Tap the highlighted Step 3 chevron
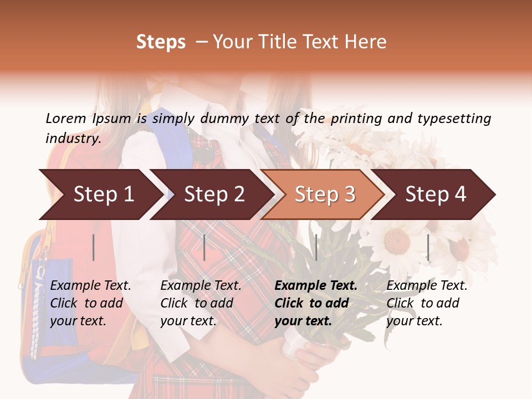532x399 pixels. tap(324, 194)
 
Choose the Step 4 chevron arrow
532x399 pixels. tap(435, 194)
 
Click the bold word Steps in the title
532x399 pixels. tap(161, 42)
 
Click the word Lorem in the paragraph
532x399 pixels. tap(66, 118)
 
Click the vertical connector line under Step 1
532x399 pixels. tap(94, 247)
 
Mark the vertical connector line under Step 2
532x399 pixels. tap(204, 247)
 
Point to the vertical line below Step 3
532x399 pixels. tap(316, 247)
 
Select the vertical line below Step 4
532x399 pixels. tap(428, 247)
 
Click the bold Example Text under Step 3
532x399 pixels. tap(316, 286)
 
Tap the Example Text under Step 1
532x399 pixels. tap(91, 286)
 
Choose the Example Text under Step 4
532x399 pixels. tap(427, 286)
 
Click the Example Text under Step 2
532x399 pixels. tap(201, 286)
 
